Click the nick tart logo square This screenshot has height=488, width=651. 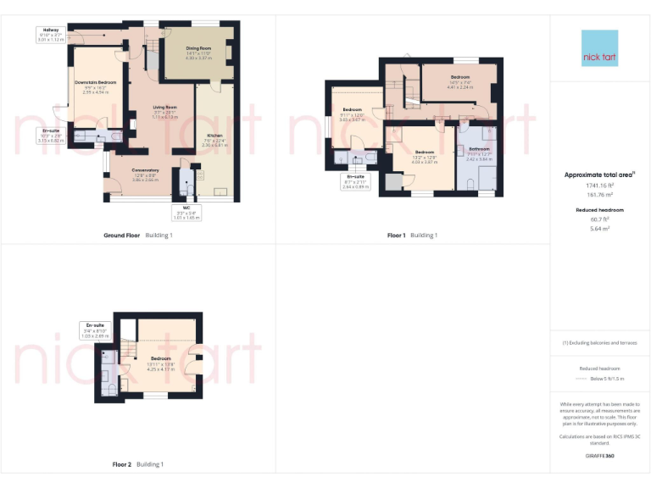click(599, 48)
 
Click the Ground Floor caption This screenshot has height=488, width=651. click(121, 235)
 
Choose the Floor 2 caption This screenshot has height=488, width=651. click(123, 464)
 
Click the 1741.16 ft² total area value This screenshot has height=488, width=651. click(599, 185)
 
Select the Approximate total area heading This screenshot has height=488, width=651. click(599, 175)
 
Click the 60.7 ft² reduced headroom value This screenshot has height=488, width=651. click(599, 219)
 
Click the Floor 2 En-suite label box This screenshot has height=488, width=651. click(94, 329)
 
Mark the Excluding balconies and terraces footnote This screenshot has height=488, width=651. click(599, 342)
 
